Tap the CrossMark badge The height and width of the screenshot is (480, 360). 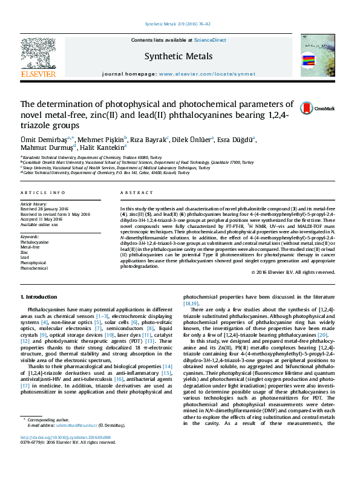click(326, 108)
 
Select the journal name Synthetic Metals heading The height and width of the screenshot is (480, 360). click(178, 57)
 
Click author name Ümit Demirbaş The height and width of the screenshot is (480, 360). click(40, 140)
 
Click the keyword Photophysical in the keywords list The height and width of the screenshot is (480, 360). click(33, 263)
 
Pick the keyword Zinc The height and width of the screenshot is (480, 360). click(25, 252)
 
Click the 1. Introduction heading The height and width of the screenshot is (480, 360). click(39, 297)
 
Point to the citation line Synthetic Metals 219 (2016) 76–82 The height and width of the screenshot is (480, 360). click(178, 24)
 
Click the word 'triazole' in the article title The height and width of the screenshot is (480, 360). click(35, 125)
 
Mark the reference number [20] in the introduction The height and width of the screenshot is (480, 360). click(322, 335)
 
